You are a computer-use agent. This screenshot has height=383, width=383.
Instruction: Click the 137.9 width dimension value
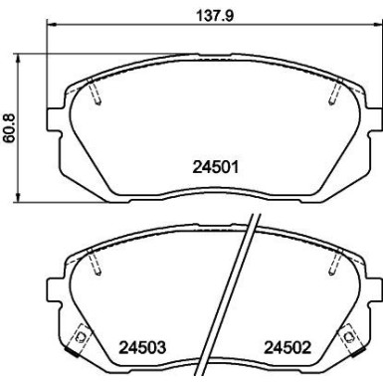[x=215, y=15]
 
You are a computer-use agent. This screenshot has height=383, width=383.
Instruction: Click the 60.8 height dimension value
[x=9, y=127]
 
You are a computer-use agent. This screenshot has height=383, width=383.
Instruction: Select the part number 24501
[x=216, y=167]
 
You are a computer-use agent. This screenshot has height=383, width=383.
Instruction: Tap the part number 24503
[x=142, y=348]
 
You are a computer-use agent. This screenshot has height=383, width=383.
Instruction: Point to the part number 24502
[x=287, y=348]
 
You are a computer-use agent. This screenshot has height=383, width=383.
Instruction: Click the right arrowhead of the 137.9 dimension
[x=378, y=24]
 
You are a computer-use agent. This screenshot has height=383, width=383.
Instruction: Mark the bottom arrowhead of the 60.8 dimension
[x=18, y=197]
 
